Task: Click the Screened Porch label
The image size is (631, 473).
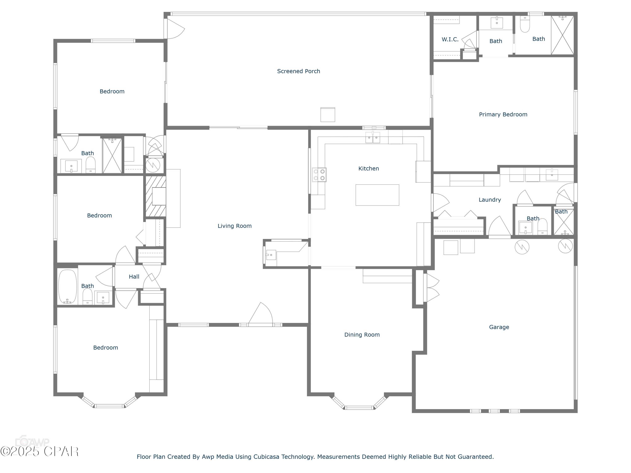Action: [298, 71]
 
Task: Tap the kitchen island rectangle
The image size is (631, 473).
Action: [377, 195]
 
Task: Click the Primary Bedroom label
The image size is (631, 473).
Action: [503, 115]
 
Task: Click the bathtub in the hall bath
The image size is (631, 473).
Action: [68, 287]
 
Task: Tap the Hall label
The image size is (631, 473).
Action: [134, 277]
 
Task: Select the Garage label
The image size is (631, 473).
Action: [499, 327]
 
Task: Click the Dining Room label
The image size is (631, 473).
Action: [362, 335]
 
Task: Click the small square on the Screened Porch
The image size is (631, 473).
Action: [327, 115]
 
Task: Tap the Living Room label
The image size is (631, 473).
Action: [235, 226]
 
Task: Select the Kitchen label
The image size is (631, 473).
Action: [369, 169]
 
